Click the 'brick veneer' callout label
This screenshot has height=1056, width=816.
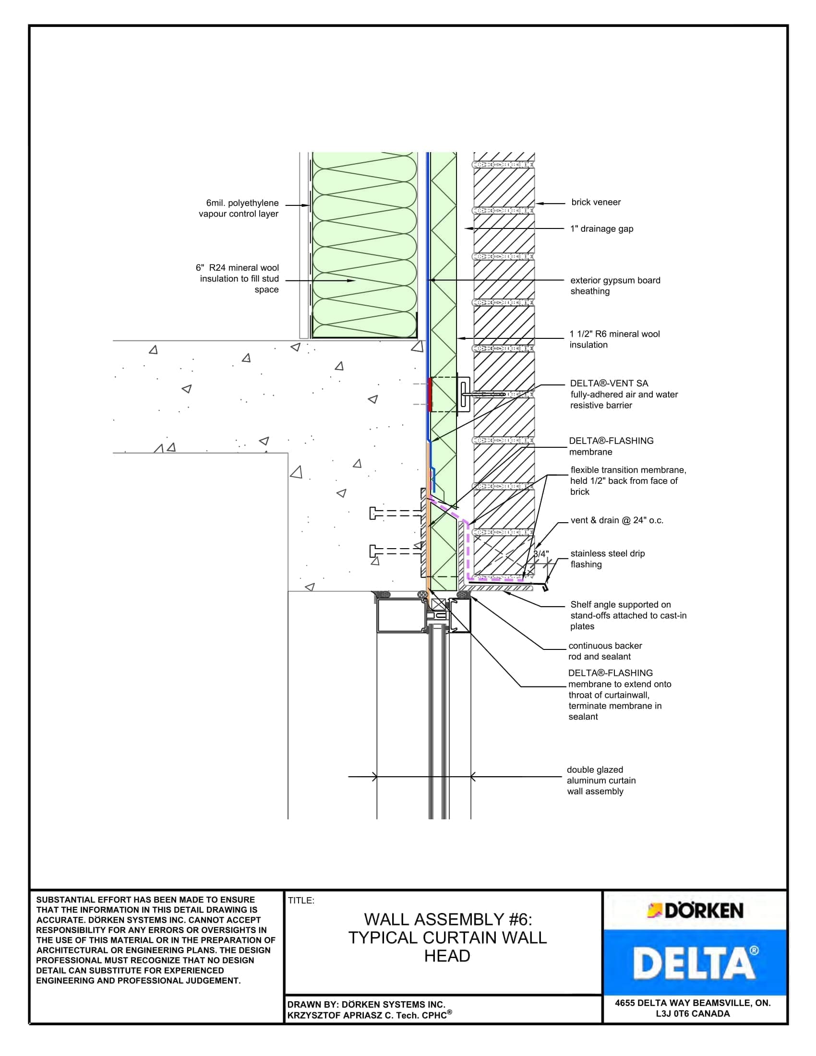[x=596, y=202]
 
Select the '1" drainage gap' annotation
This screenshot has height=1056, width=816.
[x=601, y=228]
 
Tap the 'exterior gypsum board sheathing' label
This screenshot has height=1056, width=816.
[x=614, y=285]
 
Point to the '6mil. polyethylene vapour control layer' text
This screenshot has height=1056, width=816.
[x=239, y=208]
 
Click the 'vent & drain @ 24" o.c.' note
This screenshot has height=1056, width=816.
[x=617, y=520]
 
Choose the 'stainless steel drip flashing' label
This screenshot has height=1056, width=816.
[x=607, y=558]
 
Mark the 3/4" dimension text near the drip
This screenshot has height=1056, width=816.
[x=541, y=554]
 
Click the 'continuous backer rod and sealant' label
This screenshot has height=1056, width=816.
[x=605, y=651]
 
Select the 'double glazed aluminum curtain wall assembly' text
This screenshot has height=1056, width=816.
[x=601, y=780]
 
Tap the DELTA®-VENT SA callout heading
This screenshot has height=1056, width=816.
[x=609, y=384]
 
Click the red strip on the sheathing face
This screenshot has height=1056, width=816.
[x=429, y=395]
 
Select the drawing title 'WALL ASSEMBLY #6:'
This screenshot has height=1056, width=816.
[x=448, y=919]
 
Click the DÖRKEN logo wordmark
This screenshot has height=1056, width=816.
[x=703, y=911]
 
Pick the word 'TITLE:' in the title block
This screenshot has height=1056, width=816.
[x=301, y=900]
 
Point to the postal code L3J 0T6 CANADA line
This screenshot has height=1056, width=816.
[x=692, y=1013]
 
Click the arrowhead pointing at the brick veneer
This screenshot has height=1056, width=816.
[x=540, y=204]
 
